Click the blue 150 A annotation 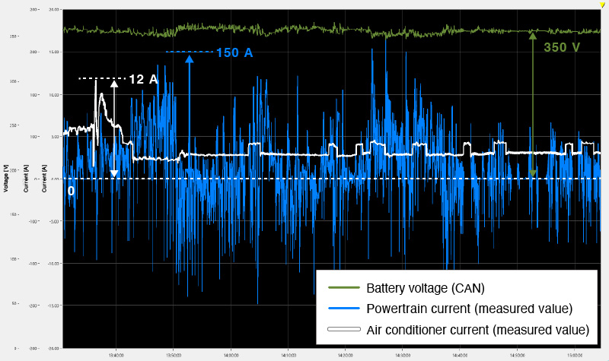pos(234,52)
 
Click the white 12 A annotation pos(142,79)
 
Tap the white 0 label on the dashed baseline pos(71,191)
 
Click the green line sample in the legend pos(343,289)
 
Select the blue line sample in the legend pos(343,309)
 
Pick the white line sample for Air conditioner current pos(343,330)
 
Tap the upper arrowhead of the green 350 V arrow pos(533,35)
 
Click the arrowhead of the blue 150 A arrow pos(188,59)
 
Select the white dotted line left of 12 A pos(102,78)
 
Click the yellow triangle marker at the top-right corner pos(603,5)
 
